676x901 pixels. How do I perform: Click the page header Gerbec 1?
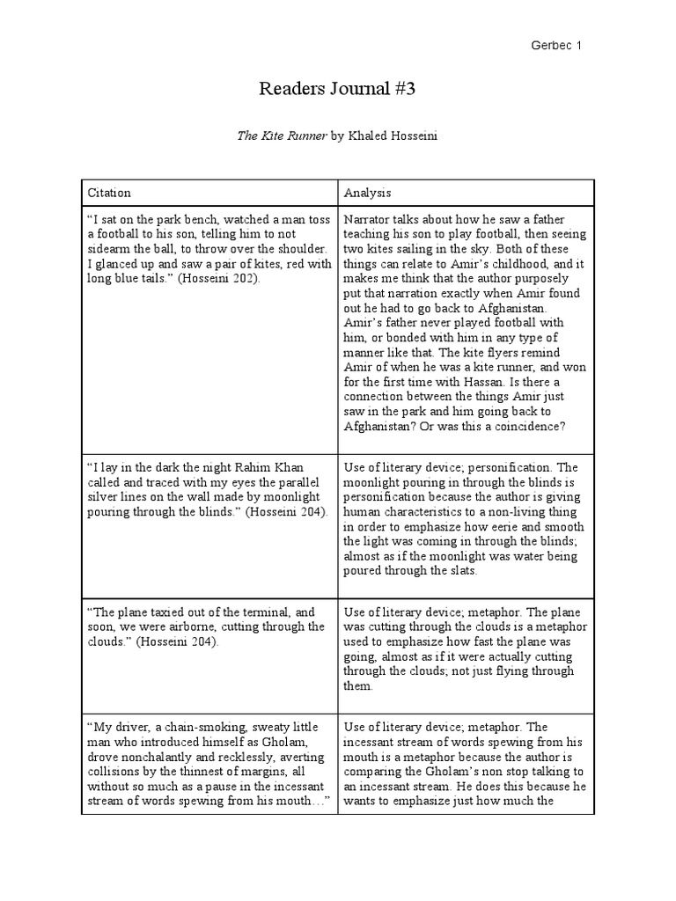(558, 45)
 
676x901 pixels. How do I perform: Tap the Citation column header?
(109, 193)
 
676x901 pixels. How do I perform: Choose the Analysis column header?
(368, 193)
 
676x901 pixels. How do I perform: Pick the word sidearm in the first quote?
(110, 249)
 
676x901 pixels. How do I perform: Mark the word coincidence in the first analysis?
(525, 426)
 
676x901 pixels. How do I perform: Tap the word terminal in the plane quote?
(252, 612)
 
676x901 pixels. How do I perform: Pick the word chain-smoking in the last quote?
(188, 728)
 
